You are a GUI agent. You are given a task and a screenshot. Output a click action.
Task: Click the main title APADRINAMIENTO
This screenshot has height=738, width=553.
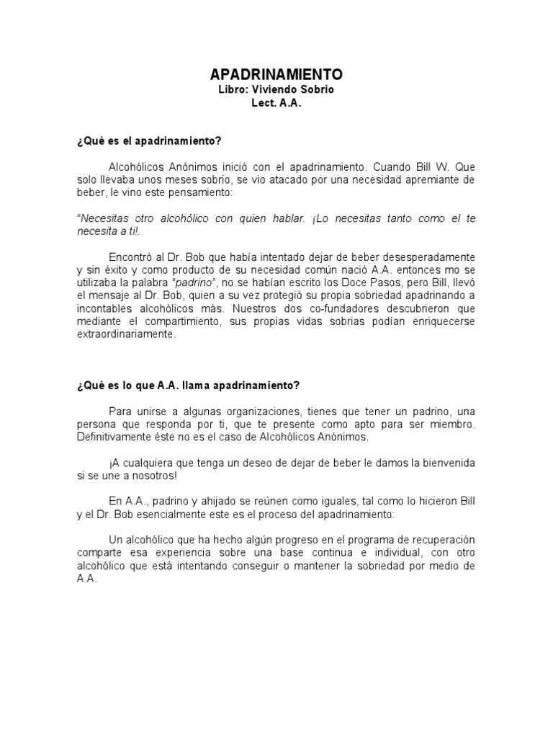pyautogui.click(x=276, y=74)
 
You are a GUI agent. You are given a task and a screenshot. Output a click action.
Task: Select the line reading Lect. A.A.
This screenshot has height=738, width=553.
pyautogui.click(x=276, y=103)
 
